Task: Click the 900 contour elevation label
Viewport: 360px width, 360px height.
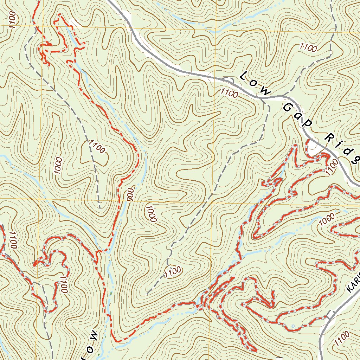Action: [x=129, y=193]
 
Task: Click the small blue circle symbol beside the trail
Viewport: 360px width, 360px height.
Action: [x=293, y=327]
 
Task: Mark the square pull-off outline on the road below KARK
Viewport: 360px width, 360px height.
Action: [x=330, y=314]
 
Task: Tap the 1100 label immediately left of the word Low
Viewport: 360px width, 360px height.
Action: [x=229, y=93]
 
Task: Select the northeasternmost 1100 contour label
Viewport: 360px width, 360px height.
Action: [x=308, y=48]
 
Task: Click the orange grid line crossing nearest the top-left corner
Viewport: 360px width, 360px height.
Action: [x=41, y=26]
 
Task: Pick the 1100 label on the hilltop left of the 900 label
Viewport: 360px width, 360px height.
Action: [x=97, y=147]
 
